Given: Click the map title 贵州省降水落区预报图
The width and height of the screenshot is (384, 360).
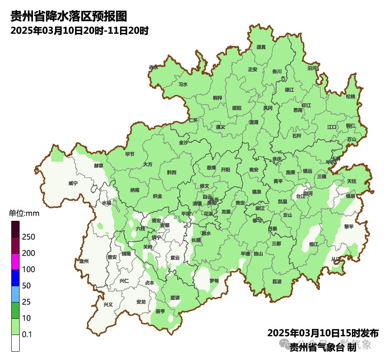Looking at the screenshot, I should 68,16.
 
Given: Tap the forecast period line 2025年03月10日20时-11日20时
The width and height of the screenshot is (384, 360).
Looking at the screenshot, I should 80,31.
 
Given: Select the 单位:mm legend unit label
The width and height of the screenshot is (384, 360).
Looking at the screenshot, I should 24,214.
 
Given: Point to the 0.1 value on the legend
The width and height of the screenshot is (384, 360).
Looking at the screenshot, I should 27,335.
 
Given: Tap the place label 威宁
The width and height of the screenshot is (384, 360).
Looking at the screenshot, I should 73,183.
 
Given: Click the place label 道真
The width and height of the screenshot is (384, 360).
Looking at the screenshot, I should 261,47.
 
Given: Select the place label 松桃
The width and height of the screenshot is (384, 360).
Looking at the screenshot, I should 351,97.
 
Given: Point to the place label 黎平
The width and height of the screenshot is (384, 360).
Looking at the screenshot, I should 349,226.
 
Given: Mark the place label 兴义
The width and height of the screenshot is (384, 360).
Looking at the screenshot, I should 108,305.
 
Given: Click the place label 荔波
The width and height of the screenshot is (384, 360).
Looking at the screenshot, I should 277,282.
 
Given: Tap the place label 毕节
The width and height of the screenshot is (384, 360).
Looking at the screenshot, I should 130,154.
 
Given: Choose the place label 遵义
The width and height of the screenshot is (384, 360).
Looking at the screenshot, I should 221,127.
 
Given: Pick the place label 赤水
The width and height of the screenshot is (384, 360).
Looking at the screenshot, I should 153,67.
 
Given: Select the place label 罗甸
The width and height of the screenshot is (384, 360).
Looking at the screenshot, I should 214,280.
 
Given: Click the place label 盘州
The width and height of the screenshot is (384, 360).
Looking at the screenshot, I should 84,261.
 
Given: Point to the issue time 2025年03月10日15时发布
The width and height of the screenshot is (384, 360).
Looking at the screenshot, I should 323,333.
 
